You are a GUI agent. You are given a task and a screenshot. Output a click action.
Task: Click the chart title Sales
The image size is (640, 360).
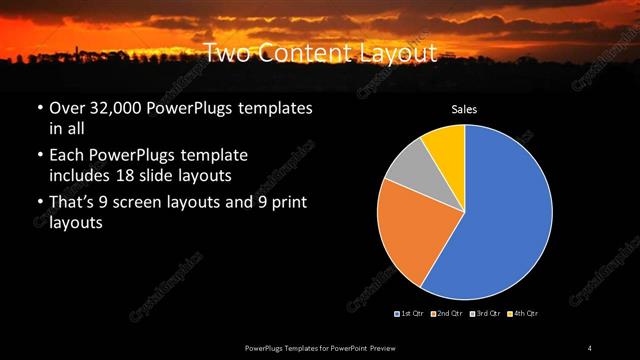click(x=465, y=109)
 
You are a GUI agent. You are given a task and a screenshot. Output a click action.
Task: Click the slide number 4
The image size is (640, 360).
click(x=590, y=347)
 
